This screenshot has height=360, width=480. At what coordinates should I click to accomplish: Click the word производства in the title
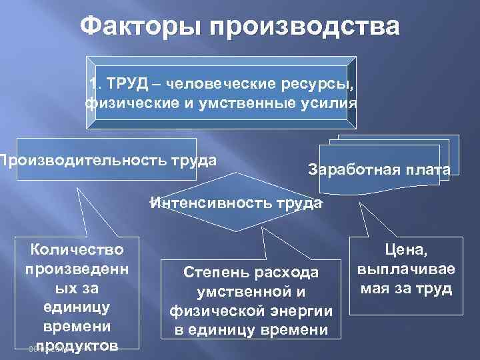pyautogui.click(x=306, y=28)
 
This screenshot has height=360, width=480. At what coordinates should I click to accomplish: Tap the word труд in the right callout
pyautogui.click(x=437, y=289)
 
